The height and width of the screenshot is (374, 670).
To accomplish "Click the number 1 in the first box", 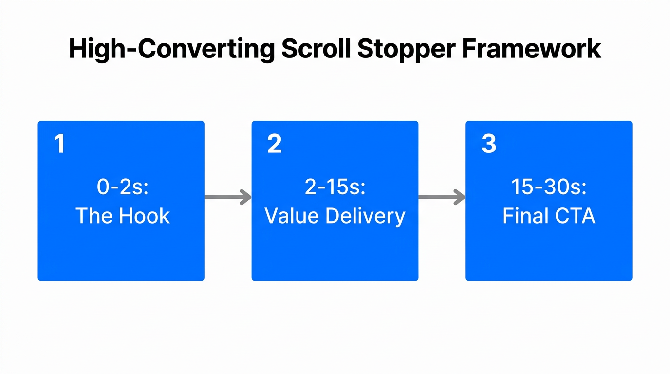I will pos(59,144).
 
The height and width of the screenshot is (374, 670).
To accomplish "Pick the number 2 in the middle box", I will pos(274,144).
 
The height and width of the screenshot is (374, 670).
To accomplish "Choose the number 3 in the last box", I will pos(488,144).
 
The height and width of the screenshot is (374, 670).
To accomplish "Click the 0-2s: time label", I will pos(122,187).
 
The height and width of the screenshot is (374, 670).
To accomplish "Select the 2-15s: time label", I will pos(335,187).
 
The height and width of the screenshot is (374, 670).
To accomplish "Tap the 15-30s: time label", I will pos(549,187).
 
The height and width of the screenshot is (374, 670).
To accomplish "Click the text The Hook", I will pos(122,216).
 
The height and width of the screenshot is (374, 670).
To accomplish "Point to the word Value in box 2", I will pos(291,216).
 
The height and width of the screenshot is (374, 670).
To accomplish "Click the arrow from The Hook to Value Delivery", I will pos(227,197).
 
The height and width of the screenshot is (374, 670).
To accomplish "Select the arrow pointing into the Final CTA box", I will pos(441,197).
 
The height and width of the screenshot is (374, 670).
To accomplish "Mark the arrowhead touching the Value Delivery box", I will pos(246,197).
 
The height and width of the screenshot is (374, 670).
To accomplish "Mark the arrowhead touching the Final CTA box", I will pos(460,197).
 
